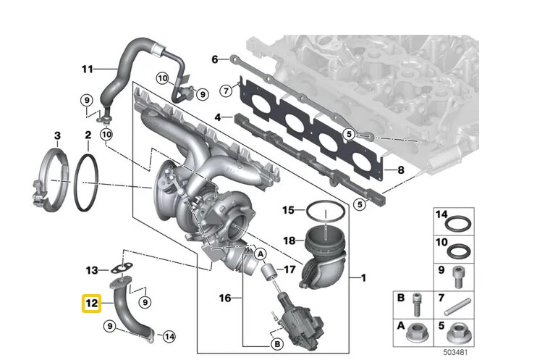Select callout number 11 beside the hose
87,70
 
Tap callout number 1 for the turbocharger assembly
363,278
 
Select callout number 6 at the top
215,59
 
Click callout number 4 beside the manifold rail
217,117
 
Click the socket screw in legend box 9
457,275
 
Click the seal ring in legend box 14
457,220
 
